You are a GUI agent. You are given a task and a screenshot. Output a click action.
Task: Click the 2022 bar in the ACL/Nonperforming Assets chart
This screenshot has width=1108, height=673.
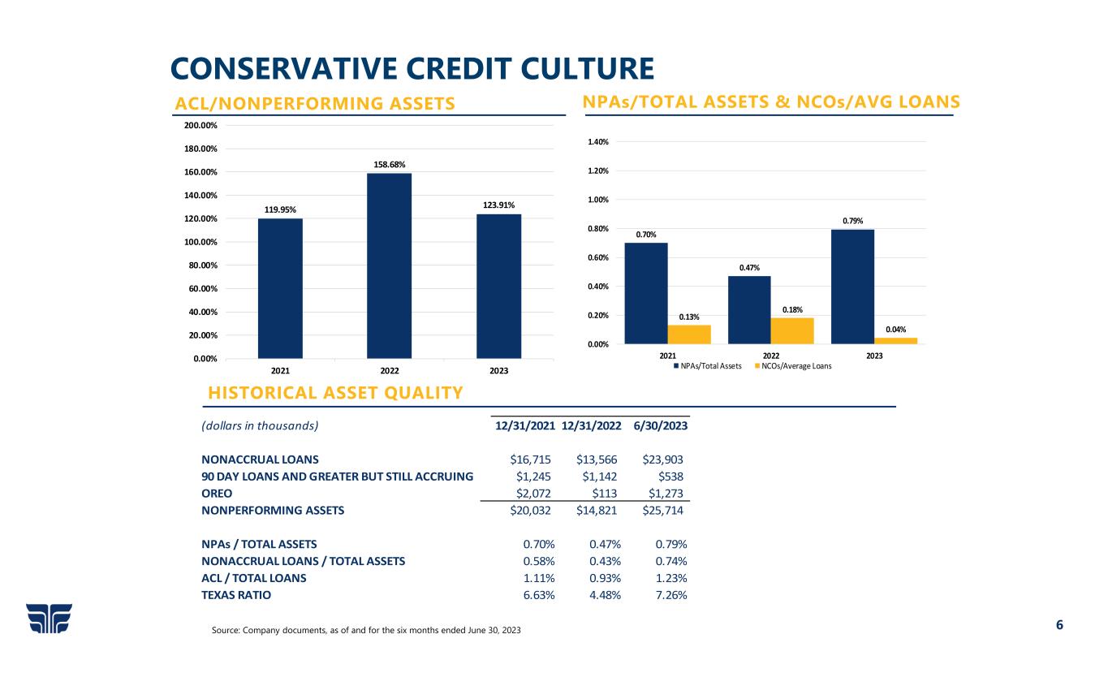(x=389, y=265)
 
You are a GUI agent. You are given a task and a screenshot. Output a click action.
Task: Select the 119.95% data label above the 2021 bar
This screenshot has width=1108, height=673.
(x=280, y=209)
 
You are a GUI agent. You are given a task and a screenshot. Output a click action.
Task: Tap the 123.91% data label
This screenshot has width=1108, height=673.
(x=498, y=205)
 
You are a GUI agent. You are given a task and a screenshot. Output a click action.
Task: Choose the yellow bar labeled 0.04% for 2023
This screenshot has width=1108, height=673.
(x=896, y=341)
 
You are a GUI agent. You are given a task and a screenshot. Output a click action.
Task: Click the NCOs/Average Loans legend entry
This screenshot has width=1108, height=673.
(x=797, y=366)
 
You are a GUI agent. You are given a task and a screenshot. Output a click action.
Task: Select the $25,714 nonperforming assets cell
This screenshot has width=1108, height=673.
(x=662, y=511)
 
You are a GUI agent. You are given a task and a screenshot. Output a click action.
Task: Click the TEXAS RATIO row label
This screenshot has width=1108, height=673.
(x=236, y=595)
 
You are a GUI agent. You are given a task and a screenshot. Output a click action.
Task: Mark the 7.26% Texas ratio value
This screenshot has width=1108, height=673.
(x=670, y=595)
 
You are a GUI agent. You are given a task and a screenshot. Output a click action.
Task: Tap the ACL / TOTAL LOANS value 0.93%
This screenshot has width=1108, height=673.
(x=605, y=578)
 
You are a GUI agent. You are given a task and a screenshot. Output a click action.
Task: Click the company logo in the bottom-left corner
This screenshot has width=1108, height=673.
(x=49, y=619)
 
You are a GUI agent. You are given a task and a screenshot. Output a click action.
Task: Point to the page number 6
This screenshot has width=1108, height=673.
(x=1058, y=625)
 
